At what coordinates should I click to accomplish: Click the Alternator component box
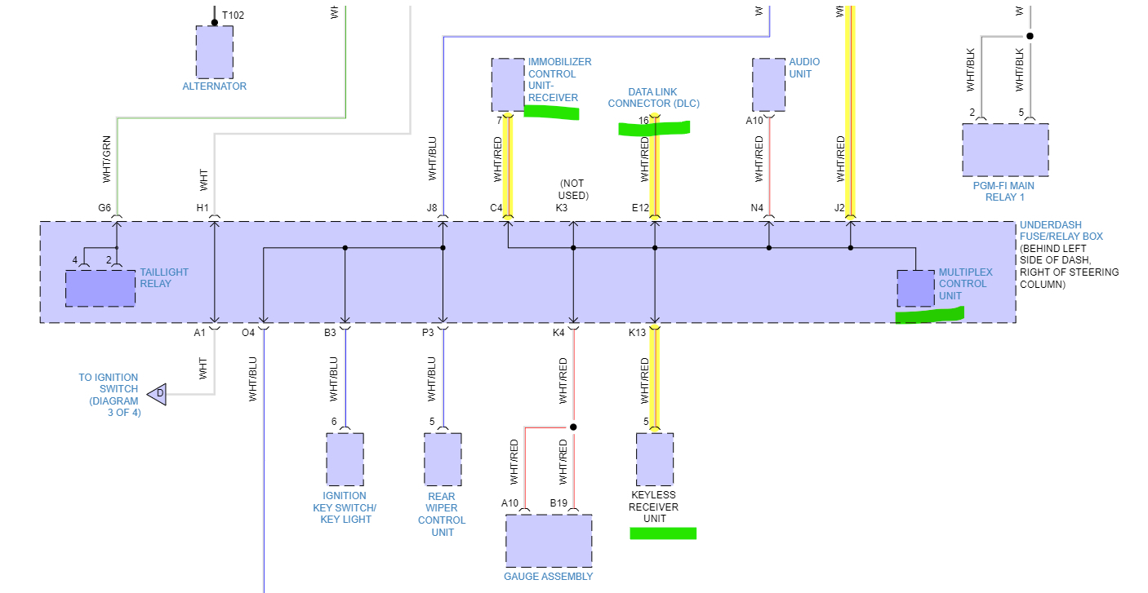pyautogui.click(x=214, y=51)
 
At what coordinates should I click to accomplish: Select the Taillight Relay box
pyautogui.click(x=100, y=288)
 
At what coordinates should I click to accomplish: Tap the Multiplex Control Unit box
pyautogui.click(x=915, y=287)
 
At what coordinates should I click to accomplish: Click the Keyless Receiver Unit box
pyautogui.click(x=655, y=458)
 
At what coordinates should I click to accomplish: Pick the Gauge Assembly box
pyautogui.click(x=549, y=540)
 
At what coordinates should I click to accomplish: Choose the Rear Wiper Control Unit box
pyautogui.click(x=443, y=458)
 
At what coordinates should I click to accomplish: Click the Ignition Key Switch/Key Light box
pyautogui.click(x=345, y=458)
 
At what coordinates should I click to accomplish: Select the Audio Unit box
pyautogui.click(x=768, y=84)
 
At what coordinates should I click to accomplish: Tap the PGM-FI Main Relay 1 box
pyautogui.click(x=1005, y=149)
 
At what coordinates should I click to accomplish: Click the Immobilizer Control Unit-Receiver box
pyautogui.click(x=508, y=84)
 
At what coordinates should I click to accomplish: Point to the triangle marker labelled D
pyautogui.click(x=157, y=395)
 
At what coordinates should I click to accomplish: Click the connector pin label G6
pyautogui.click(x=105, y=208)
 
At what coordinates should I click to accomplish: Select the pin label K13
pyautogui.click(x=637, y=333)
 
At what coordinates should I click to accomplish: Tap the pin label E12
pyautogui.click(x=640, y=208)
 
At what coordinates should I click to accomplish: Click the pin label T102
pyautogui.click(x=234, y=15)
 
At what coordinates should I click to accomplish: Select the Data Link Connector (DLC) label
pyautogui.click(x=653, y=98)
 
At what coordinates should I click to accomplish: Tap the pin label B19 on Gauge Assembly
pyautogui.click(x=558, y=503)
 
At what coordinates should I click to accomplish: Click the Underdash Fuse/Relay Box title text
pyautogui.click(x=1061, y=231)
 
